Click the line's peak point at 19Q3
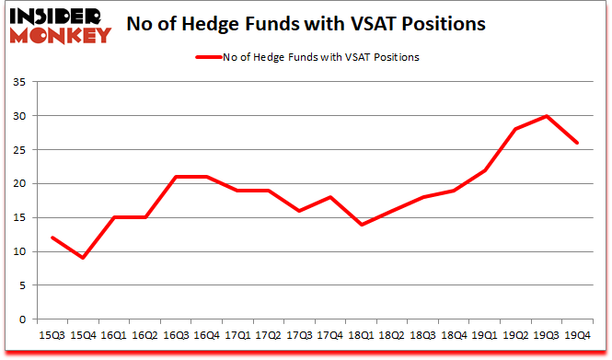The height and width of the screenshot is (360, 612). tap(547, 116)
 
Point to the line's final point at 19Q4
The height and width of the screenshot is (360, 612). tap(577, 143)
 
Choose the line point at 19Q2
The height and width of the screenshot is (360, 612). tap(516, 129)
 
